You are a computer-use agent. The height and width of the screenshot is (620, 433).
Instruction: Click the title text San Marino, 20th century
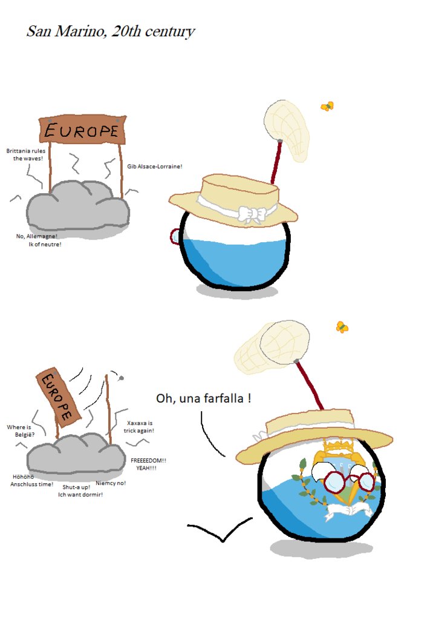110,31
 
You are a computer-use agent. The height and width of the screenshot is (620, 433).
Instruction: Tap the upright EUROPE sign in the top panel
82,130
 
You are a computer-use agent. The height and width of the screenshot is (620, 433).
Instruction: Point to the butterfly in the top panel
327,107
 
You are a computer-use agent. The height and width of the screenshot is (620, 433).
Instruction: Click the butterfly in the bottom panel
342,327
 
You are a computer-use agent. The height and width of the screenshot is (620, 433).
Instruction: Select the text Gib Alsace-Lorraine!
155,166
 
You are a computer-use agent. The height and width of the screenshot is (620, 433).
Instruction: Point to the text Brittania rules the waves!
26,154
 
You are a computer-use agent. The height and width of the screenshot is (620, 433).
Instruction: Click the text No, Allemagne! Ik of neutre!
37,240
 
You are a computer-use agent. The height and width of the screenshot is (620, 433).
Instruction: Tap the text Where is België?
20,430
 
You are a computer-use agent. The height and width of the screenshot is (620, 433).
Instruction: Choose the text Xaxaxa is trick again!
140,426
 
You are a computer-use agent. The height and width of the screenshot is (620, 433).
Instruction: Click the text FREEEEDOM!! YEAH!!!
148,464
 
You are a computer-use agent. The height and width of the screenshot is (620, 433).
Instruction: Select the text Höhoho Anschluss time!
31,480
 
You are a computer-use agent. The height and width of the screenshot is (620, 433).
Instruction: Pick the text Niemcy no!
111,483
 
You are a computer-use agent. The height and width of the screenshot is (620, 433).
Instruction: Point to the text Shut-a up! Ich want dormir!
80,490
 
